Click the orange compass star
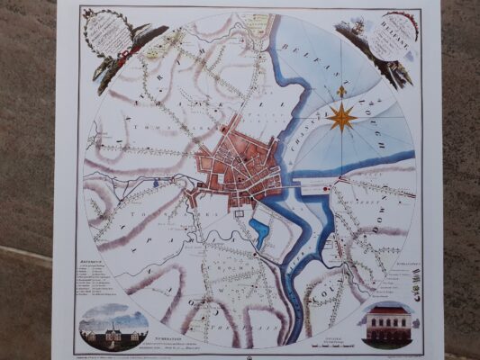[x=340, y=116]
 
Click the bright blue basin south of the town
[x=260, y=233]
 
